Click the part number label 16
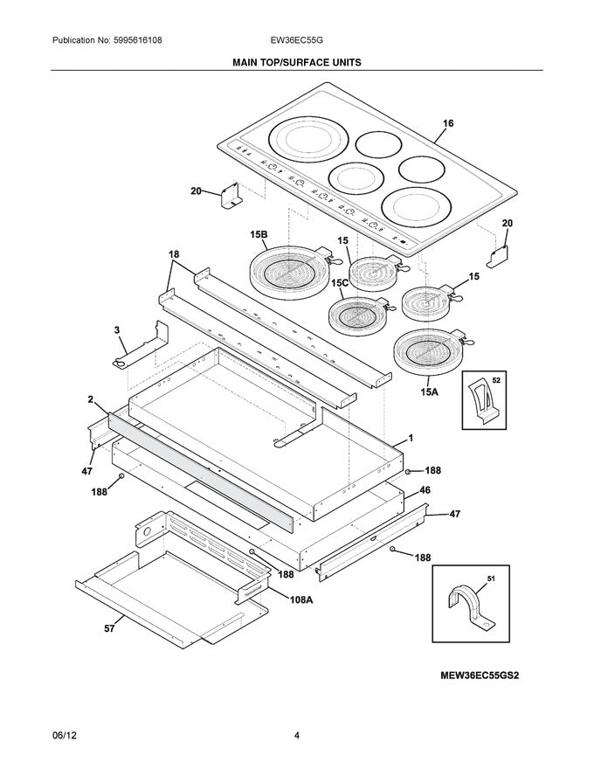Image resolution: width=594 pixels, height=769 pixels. [447, 124]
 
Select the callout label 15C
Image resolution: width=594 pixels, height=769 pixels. [340, 283]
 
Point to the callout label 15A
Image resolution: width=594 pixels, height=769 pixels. [428, 392]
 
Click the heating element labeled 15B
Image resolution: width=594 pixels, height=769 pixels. [288, 267]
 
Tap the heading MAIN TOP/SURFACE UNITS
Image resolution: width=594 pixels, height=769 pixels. [296, 63]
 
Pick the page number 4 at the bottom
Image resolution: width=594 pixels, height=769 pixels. [297, 736]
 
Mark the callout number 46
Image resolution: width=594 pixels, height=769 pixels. [425, 492]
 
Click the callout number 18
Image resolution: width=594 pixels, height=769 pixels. [175, 254]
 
